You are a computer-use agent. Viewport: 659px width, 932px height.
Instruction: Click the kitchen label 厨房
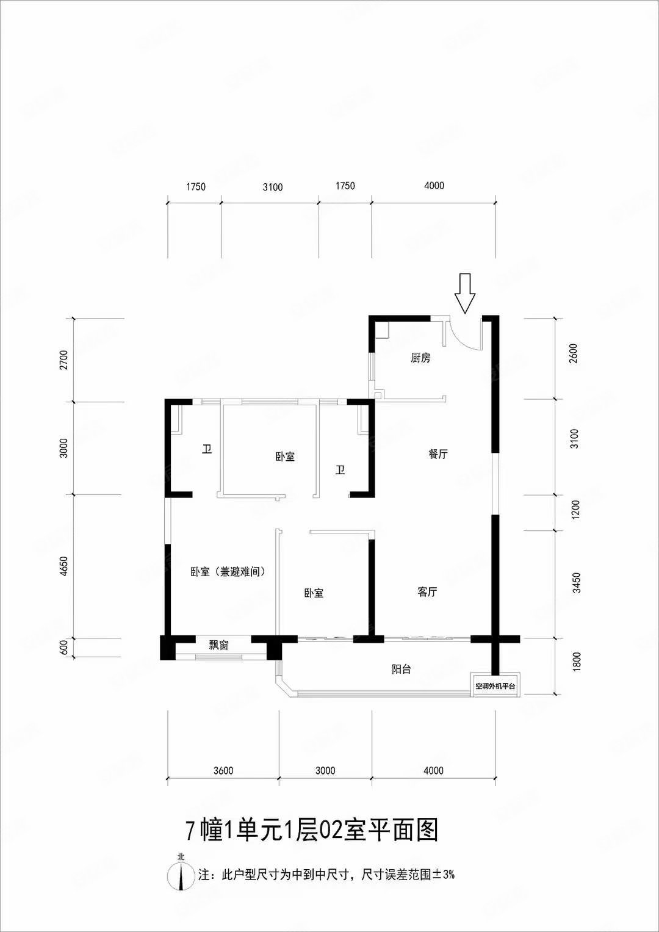pyautogui.click(x=420, y=358)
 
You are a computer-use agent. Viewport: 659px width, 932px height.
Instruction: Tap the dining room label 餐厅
pyautogui.click(x=438, y=454)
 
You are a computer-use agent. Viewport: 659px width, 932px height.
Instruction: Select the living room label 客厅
pyautogui.click(x=427, y=591)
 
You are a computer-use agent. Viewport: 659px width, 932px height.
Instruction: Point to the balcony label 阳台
pyautogui.click(x=402, y=669)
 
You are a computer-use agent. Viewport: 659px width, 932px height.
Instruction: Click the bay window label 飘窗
pyautogui.click(x=218, y=646)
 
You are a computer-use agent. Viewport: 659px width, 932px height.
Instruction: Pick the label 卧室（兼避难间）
pyautogui.click(x=228, y=572)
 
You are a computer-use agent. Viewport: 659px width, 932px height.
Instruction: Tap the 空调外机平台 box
pyautogui.click(x=495, y=686)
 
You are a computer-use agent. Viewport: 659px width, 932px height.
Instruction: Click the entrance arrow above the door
pyautogui.click(x=465, y=294)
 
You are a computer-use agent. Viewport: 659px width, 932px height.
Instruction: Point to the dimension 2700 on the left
pyautogui.click(x=63, y=360)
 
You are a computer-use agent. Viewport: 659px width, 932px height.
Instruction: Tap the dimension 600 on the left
pyautogui.click(x=63, y=648)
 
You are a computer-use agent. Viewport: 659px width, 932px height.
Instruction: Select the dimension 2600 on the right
pyautogui.click(x=575, y=353)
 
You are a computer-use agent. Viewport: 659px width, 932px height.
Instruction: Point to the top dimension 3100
pyautogui.click(x=273, y=187)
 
